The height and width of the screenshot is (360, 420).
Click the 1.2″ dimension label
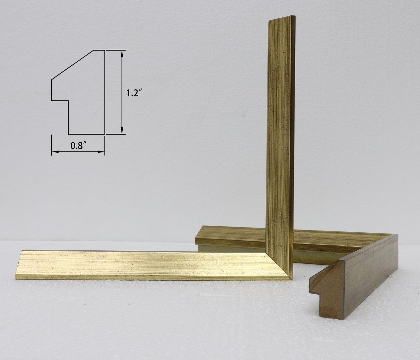click(134, 93)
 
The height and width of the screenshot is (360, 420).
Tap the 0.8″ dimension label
click(78, 146)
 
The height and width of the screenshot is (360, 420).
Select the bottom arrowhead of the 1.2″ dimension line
click(122, 131)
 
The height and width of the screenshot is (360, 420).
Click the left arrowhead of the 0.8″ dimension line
click(55, 152)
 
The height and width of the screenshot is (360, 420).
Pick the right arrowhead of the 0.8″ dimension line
click(101, 152)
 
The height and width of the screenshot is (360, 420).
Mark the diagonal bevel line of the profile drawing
click(73, 65)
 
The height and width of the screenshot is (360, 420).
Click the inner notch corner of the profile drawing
click(68, 100)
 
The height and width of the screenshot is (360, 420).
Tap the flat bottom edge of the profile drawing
click(86, 134)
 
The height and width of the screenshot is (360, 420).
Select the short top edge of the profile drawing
click(99, 50)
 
